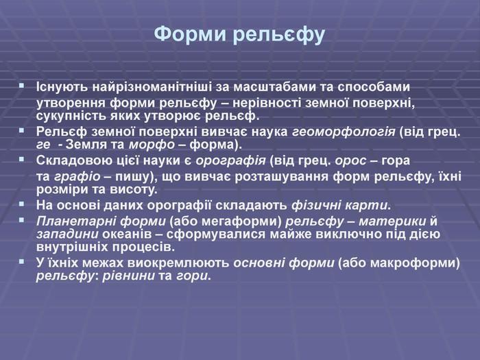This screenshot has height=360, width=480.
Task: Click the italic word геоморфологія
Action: click(344, 132)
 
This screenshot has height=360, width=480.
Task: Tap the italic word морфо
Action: click(152, 145)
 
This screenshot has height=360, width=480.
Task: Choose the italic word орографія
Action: click(231, 160)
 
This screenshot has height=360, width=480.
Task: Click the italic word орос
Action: click(350, 161)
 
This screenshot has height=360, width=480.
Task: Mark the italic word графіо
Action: click(77, 177)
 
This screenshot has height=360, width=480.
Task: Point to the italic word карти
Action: click(366, 206)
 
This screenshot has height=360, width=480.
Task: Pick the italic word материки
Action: click(392, 221)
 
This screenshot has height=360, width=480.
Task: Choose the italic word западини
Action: click(67, 235)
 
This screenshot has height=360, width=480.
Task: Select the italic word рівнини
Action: click(129, 276)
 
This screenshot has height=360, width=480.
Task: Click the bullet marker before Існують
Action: click(21, 86)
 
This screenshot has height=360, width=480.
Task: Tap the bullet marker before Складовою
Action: click(21, 159)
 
